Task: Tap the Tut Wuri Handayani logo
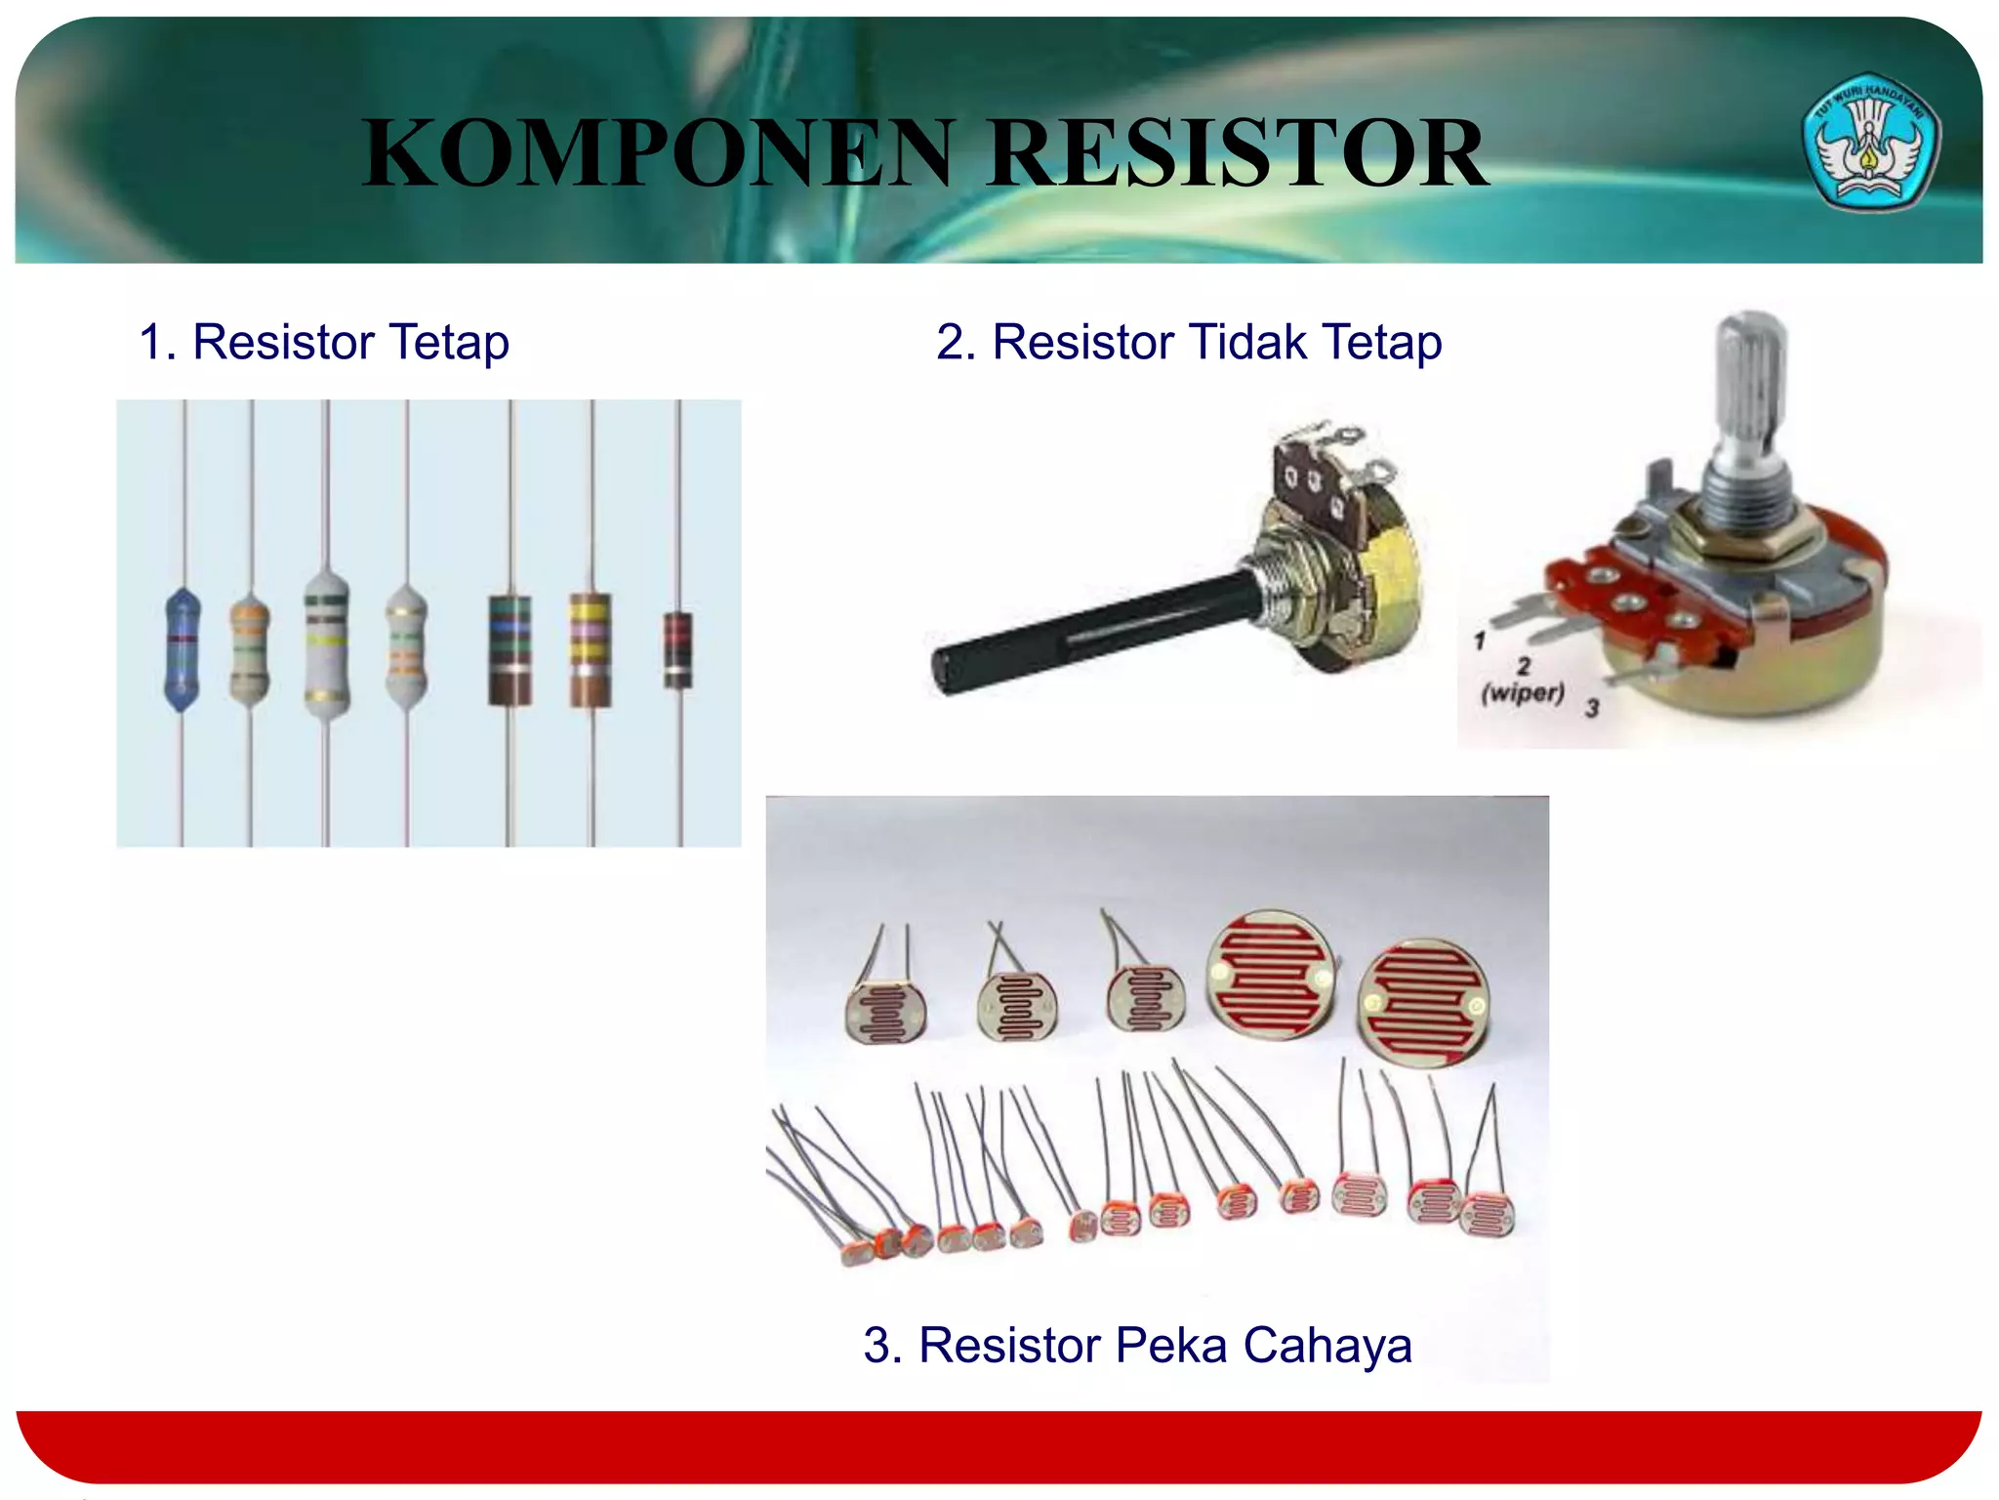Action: tap(1872, 141)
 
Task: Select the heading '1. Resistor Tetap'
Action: tap(324, 343)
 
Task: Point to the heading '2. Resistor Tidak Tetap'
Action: tap(1189, 343)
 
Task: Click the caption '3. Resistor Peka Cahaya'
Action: tap(1137, 1345)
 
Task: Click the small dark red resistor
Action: tap(677, 649)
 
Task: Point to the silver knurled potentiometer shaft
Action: tap(1751, 391)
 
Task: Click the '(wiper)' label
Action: tap(1522, 693)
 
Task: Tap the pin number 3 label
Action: tap(1592, 708)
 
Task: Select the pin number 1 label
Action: tap(1480, 642)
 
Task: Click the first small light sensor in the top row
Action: tap(885, 1011)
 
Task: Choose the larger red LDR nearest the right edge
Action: tap(1424, 1003)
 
